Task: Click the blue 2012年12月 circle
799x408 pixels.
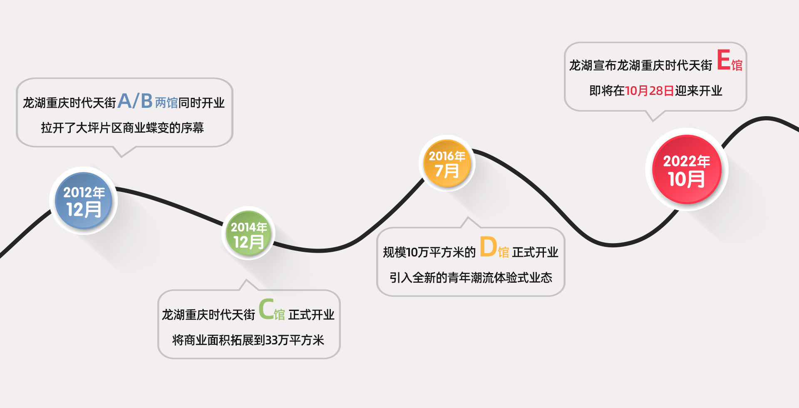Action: click(84, 201)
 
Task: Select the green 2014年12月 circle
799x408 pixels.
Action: click(248, 234)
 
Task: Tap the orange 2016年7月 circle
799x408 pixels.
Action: click(447, 163)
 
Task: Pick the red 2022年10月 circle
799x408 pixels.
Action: click(687, 169)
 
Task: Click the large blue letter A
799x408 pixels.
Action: click(124, 101)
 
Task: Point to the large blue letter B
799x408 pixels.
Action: click(146, 101)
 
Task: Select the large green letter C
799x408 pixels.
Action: click(266, 309)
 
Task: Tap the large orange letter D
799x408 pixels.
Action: click(488, 247)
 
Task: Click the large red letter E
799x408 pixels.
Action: click(724, 60)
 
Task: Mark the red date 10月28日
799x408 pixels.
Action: click(649, 91)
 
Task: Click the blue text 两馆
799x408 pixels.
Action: click(166, 103)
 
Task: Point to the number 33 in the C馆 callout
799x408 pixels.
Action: click(271, 340)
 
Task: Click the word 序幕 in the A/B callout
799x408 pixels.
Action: click(192, 128)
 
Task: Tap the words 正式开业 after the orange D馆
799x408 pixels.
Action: click(535, 252)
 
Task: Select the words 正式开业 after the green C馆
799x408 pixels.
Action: click(311, 315)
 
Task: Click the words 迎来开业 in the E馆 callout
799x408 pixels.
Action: click(698, 91)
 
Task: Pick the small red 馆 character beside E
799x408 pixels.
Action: click(737, 65)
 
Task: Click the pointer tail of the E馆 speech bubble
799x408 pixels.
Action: click(654, 117)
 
